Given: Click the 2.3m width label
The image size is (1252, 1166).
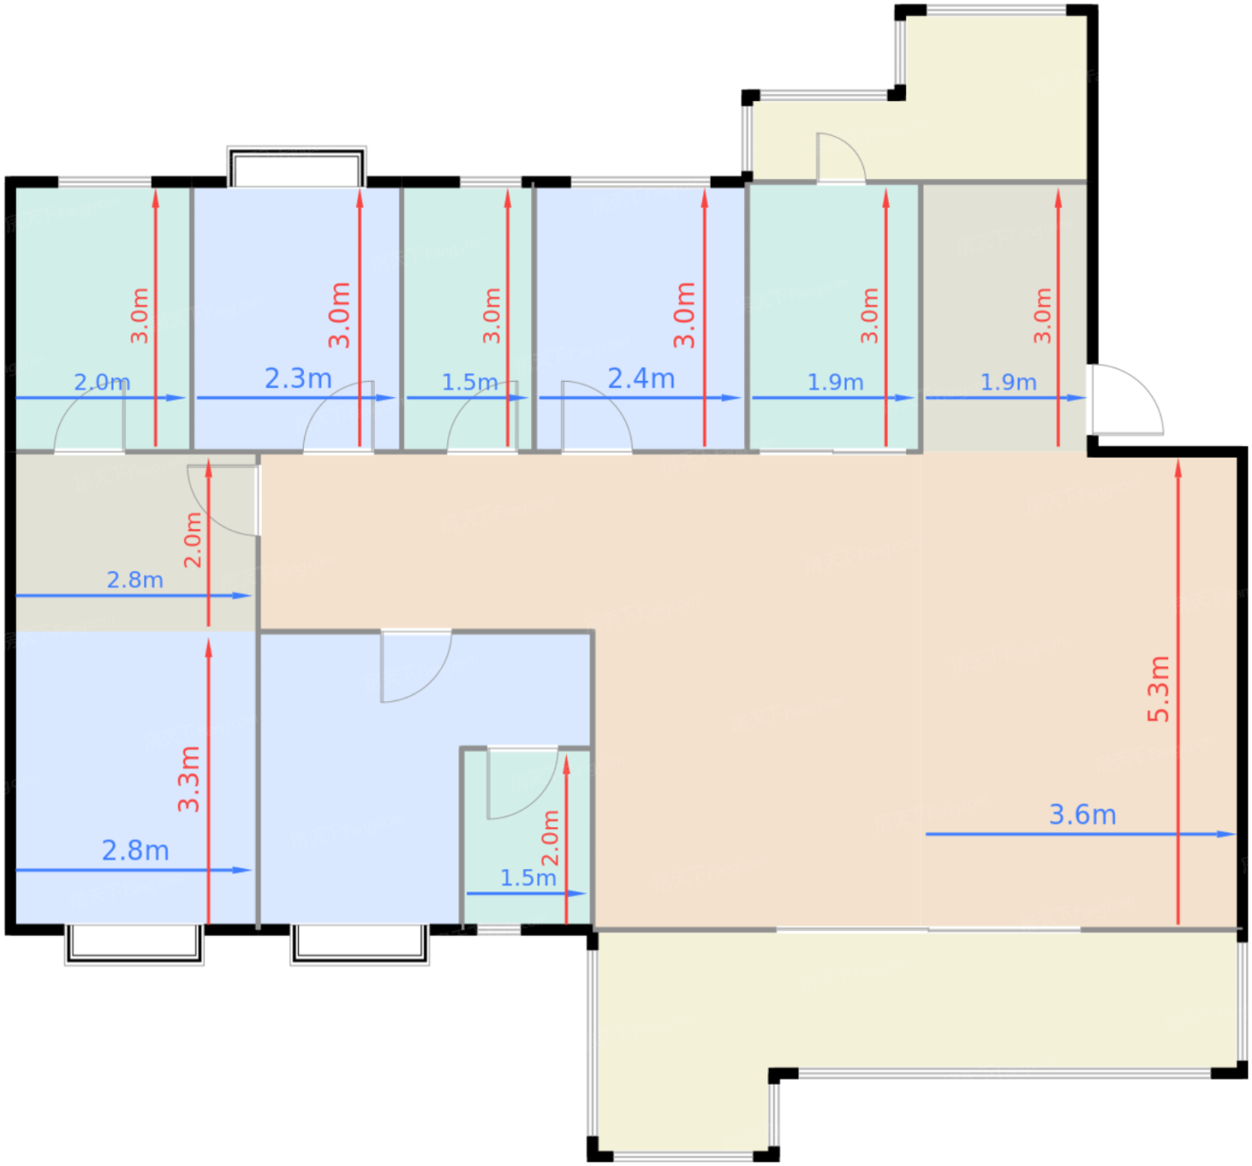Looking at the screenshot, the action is [x=298, y=378].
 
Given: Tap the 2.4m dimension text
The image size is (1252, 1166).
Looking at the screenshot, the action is [x=641, y=378].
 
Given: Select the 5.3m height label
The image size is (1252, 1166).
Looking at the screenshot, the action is [x=1158, y=689].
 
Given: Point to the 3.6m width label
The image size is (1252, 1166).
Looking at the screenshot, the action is [x=1082, y=815].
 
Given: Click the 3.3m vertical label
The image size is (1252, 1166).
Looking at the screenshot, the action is [x=189, y=779].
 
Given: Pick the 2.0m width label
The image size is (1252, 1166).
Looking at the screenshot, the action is [x=102, y=382].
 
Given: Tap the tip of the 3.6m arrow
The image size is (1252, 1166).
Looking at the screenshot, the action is [x=1235, y=834].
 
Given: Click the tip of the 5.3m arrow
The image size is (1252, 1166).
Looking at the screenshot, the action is [x=1178, y=460].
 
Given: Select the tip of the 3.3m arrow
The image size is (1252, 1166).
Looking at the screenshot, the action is [x=208, y=638].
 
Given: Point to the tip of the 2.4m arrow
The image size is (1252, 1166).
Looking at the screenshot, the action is [x=740, y=398].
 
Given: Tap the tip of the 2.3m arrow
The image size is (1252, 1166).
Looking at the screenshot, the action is [x=395, y=398].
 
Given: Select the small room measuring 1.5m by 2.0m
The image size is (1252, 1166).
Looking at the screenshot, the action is [x=527, y=838].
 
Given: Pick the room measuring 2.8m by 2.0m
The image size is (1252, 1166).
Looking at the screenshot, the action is [x=135, y=543].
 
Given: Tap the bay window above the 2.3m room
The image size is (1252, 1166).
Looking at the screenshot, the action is [x=296, y=167].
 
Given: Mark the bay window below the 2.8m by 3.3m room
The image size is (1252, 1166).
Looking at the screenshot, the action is [x=134, y=943].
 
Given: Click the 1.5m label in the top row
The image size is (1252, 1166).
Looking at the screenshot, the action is [x=469, y=382].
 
